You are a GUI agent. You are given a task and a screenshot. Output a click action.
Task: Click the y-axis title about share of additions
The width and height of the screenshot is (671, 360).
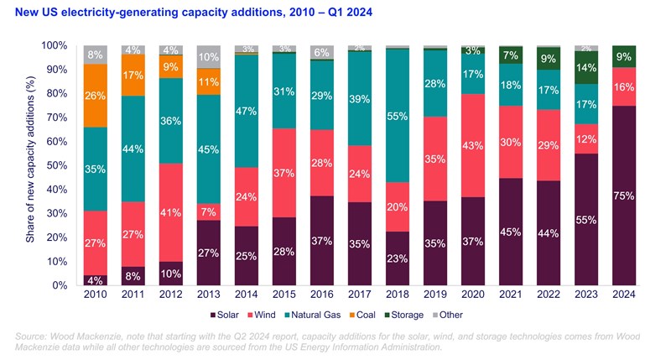coord(30,165)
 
